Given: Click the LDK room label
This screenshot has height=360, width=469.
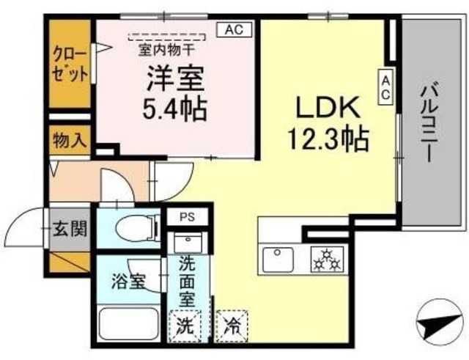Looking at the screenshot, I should click(x=327, y=108).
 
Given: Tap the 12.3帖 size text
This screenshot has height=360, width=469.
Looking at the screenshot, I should click(x=327, y=136).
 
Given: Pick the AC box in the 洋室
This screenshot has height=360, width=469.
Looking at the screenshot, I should click(x=234, y=29).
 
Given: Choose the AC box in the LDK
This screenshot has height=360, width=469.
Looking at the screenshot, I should click(x=385, y=87).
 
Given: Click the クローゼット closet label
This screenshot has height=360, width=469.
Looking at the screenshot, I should click(x=70, y=65).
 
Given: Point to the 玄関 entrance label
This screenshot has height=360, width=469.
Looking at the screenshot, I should click(x=70, y=229).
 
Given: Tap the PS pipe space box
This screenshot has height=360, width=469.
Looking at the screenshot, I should click(x=188, y=218).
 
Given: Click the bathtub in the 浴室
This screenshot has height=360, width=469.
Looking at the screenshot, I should click(x=128, y=323).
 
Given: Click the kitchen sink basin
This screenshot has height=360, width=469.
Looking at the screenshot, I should click(x=279, y=258).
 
